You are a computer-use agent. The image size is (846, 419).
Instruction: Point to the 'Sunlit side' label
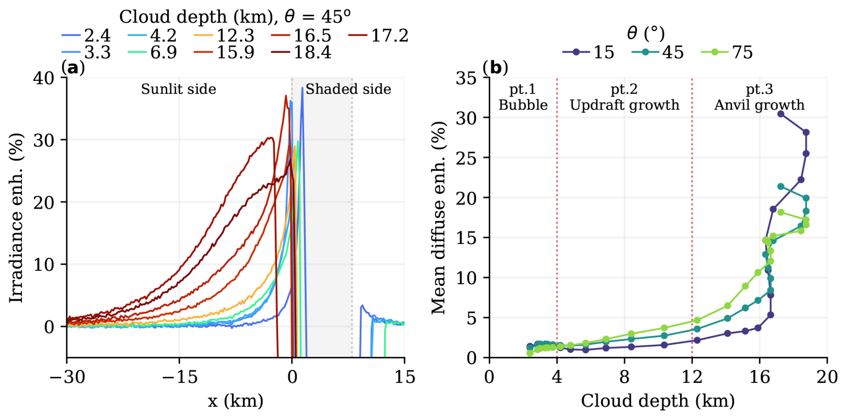tap(178, 89)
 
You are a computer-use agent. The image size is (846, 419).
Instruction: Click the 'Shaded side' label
tap(348, 89)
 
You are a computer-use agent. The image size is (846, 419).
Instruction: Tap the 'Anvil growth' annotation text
tap(759, 105)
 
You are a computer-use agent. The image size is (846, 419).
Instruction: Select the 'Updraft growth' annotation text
tap(624, 105)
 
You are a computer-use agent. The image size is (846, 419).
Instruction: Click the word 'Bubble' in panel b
tap(523, 105)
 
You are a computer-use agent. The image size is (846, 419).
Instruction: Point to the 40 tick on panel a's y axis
tap(43, 78)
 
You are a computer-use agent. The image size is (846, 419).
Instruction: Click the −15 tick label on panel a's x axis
tap(179, 377)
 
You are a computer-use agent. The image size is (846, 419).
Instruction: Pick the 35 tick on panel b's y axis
tap(466, 78)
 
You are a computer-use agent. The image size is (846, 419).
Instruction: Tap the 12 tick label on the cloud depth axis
tap(692, 377)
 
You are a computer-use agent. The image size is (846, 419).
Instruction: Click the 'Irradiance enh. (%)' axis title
tap(16, 218)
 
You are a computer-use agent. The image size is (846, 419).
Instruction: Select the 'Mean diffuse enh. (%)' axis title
tap(439, 218)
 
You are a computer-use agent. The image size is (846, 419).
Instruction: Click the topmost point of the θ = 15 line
tap(781, 114)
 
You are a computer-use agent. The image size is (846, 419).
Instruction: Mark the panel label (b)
tap(495, 67)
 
